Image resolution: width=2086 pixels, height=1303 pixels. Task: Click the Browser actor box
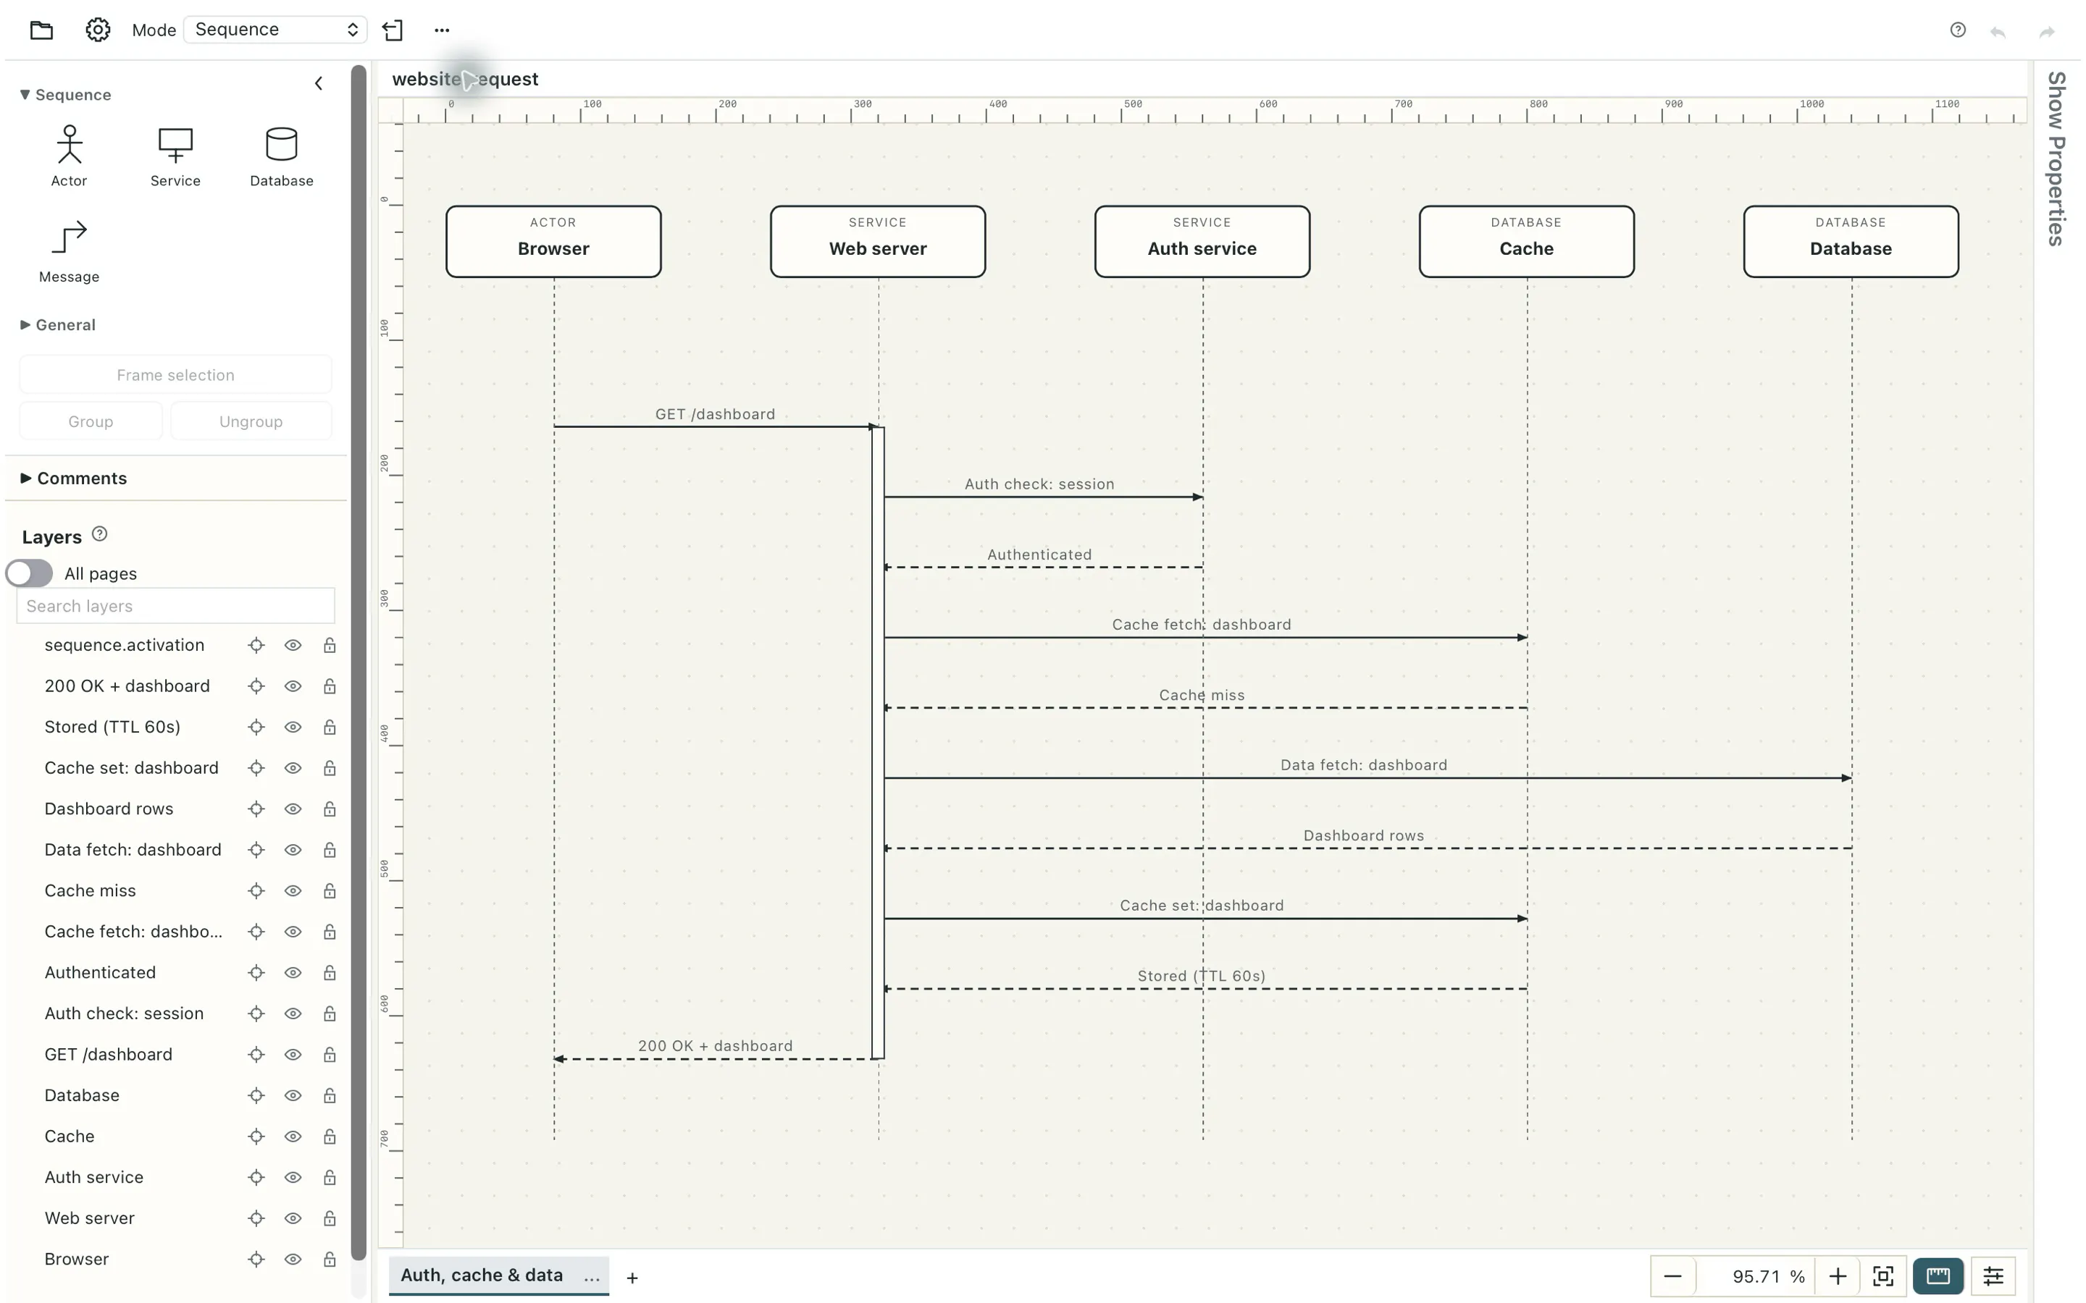553,241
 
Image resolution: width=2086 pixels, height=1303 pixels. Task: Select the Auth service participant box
1202,241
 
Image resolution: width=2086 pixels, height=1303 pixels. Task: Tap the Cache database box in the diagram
1527,241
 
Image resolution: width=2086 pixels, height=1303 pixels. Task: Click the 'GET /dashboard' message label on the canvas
715,415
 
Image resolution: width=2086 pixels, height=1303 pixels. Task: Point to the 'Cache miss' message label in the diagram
1202,696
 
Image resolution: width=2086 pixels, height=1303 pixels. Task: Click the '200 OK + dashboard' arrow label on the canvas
715,1046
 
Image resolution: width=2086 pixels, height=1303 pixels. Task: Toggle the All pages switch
29,574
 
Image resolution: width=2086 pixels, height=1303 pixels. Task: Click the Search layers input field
175,607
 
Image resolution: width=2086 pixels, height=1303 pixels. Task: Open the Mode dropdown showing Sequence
275,29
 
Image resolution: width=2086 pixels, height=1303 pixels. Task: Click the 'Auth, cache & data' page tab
481,1275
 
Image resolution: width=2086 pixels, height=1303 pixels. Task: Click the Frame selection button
175,375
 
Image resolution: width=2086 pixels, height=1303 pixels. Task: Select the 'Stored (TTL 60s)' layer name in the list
112,728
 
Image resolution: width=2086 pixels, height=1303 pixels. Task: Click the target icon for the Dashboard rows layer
256,809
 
